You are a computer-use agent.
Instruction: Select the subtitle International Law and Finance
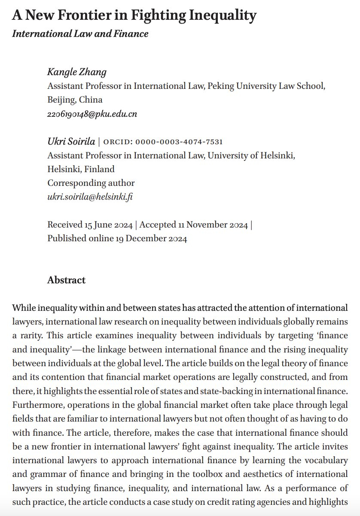[x=80, y=33]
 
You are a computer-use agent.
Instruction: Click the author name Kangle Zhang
[x=77, y=72]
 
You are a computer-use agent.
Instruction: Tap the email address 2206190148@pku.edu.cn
[x=92, y=114]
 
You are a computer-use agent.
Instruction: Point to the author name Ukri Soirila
[x=71, y=142]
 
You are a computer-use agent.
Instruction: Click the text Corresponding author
[x=91, y=183]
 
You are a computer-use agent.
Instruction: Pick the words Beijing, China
[x=75, y=100]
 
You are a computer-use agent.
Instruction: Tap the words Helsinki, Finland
[x=81, y=169]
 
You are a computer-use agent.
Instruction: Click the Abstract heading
[x=66, y=280]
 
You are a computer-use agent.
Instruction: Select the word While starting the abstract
[x=23, y=308]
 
